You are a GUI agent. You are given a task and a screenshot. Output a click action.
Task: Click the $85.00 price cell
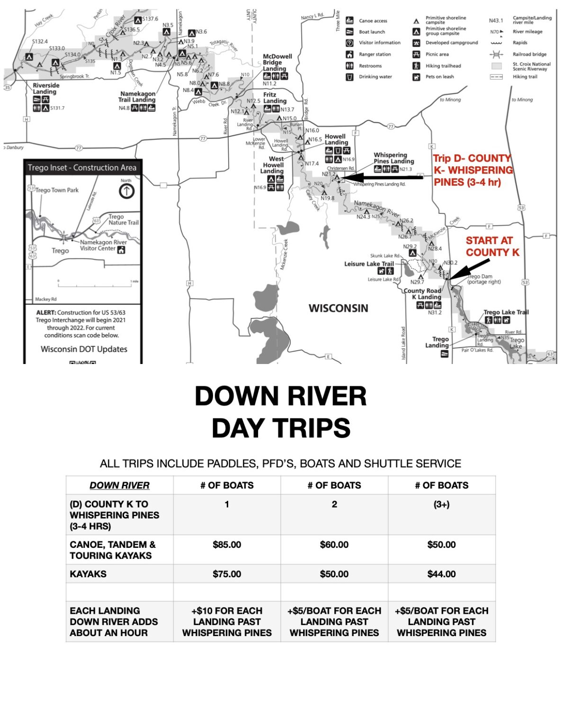coord(227,545)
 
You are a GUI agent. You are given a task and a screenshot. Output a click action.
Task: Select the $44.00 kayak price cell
coord(441,574)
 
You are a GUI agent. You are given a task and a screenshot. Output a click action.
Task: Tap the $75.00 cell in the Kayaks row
coord(227,574)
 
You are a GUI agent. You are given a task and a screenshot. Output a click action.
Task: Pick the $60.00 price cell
coord(334,545)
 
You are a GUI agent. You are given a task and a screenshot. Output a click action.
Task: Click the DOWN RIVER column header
coord(119,485)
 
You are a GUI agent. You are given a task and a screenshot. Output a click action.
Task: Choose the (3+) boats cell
coord(441,504)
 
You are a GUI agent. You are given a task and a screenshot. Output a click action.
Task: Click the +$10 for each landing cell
coord(227,621)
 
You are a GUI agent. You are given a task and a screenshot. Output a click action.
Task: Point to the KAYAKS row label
coord(88,574)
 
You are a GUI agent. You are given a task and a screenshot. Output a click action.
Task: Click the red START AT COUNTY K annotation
coord(492,246)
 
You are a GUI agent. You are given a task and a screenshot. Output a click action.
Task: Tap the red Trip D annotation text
coord(473,170)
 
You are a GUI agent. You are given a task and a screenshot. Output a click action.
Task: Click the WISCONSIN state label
coord(338,309)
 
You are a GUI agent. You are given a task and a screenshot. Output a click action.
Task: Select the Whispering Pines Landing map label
coord(393,158)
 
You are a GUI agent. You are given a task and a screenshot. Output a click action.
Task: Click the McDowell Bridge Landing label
coord(277,63)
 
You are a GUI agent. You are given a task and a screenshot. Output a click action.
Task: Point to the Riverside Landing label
coord(46,89)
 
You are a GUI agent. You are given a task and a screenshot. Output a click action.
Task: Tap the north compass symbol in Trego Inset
coord(126,191)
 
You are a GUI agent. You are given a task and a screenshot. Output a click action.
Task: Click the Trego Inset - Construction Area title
coord(82,167)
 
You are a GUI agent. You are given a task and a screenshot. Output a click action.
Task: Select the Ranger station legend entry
coord(375,55)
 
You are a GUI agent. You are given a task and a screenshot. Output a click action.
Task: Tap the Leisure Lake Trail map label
coord(369,264)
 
